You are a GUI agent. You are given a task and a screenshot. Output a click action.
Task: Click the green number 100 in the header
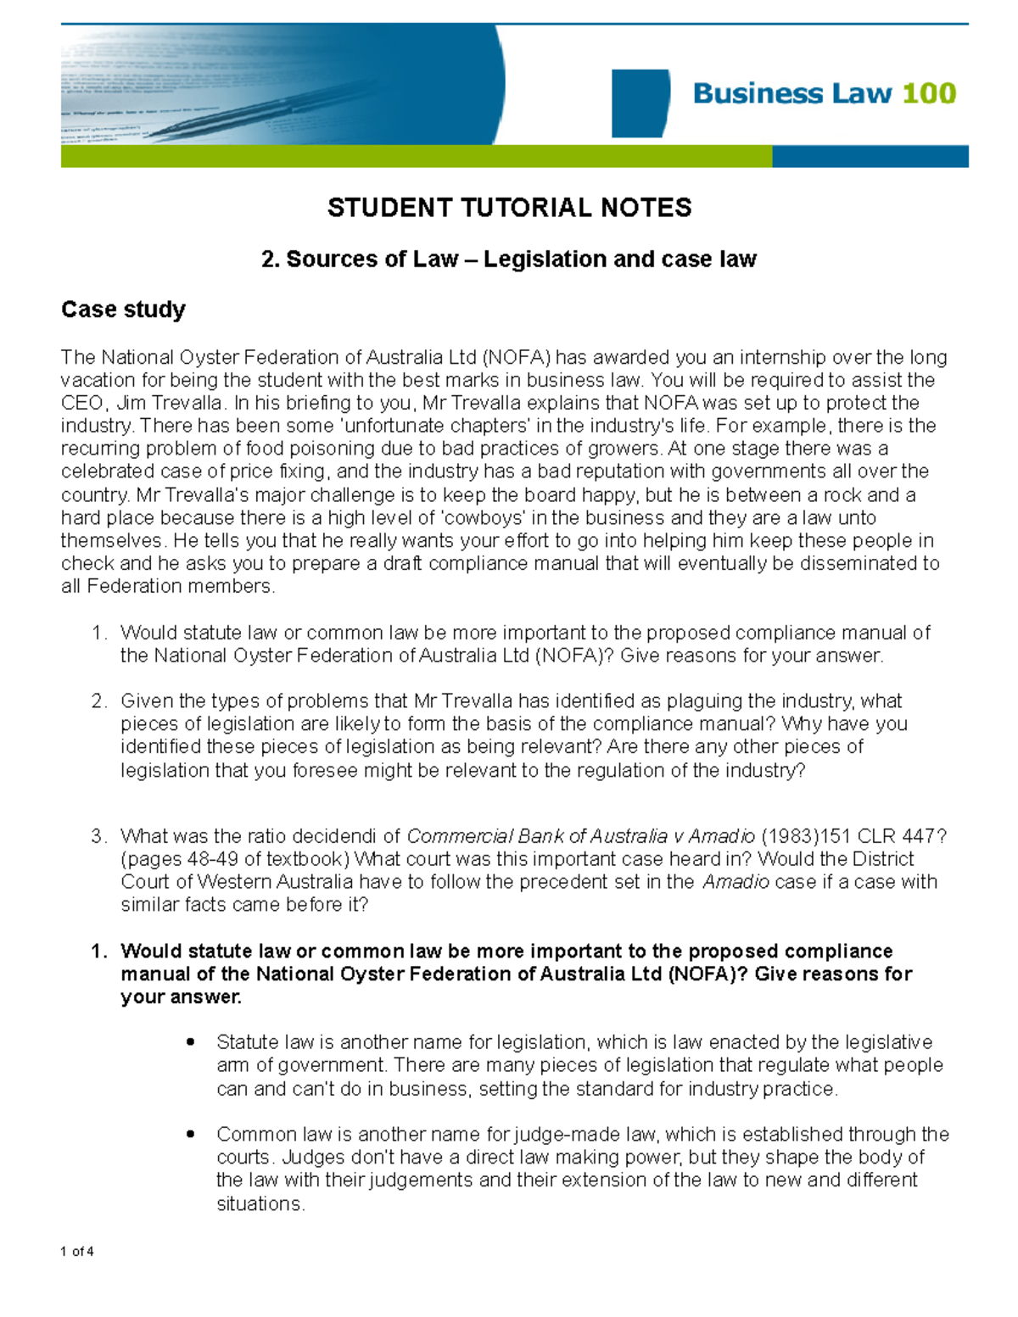click(929, 92)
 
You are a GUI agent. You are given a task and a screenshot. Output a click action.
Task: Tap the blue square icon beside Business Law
click(640, 103)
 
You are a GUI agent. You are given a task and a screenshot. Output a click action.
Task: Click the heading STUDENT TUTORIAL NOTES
click(509, 208)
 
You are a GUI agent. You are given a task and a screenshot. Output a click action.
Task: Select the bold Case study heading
click(123, 310)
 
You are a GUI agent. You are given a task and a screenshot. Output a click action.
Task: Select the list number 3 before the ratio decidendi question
click(98, 836)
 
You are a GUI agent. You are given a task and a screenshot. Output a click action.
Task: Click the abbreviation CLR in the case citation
click(883, 836)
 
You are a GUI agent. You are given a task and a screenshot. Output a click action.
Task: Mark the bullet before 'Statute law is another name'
click(191, 1042)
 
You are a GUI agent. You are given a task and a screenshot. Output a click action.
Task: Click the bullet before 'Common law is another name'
click(191, 1135)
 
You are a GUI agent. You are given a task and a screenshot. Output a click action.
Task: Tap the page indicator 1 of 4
click(77, 1252)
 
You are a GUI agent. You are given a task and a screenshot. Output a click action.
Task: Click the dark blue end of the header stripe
click(870, 156)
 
